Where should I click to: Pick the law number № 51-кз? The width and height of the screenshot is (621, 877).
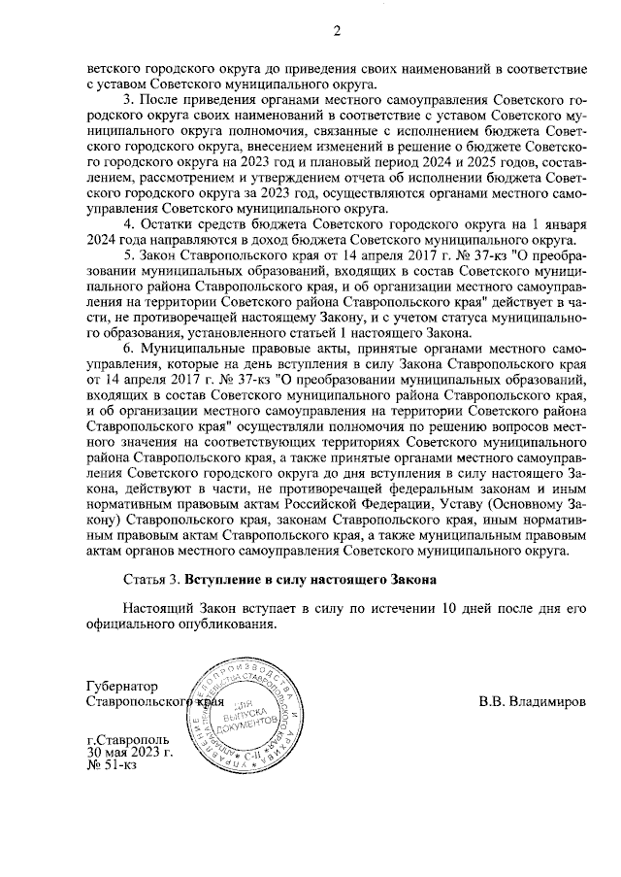click(x=112, y=766)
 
